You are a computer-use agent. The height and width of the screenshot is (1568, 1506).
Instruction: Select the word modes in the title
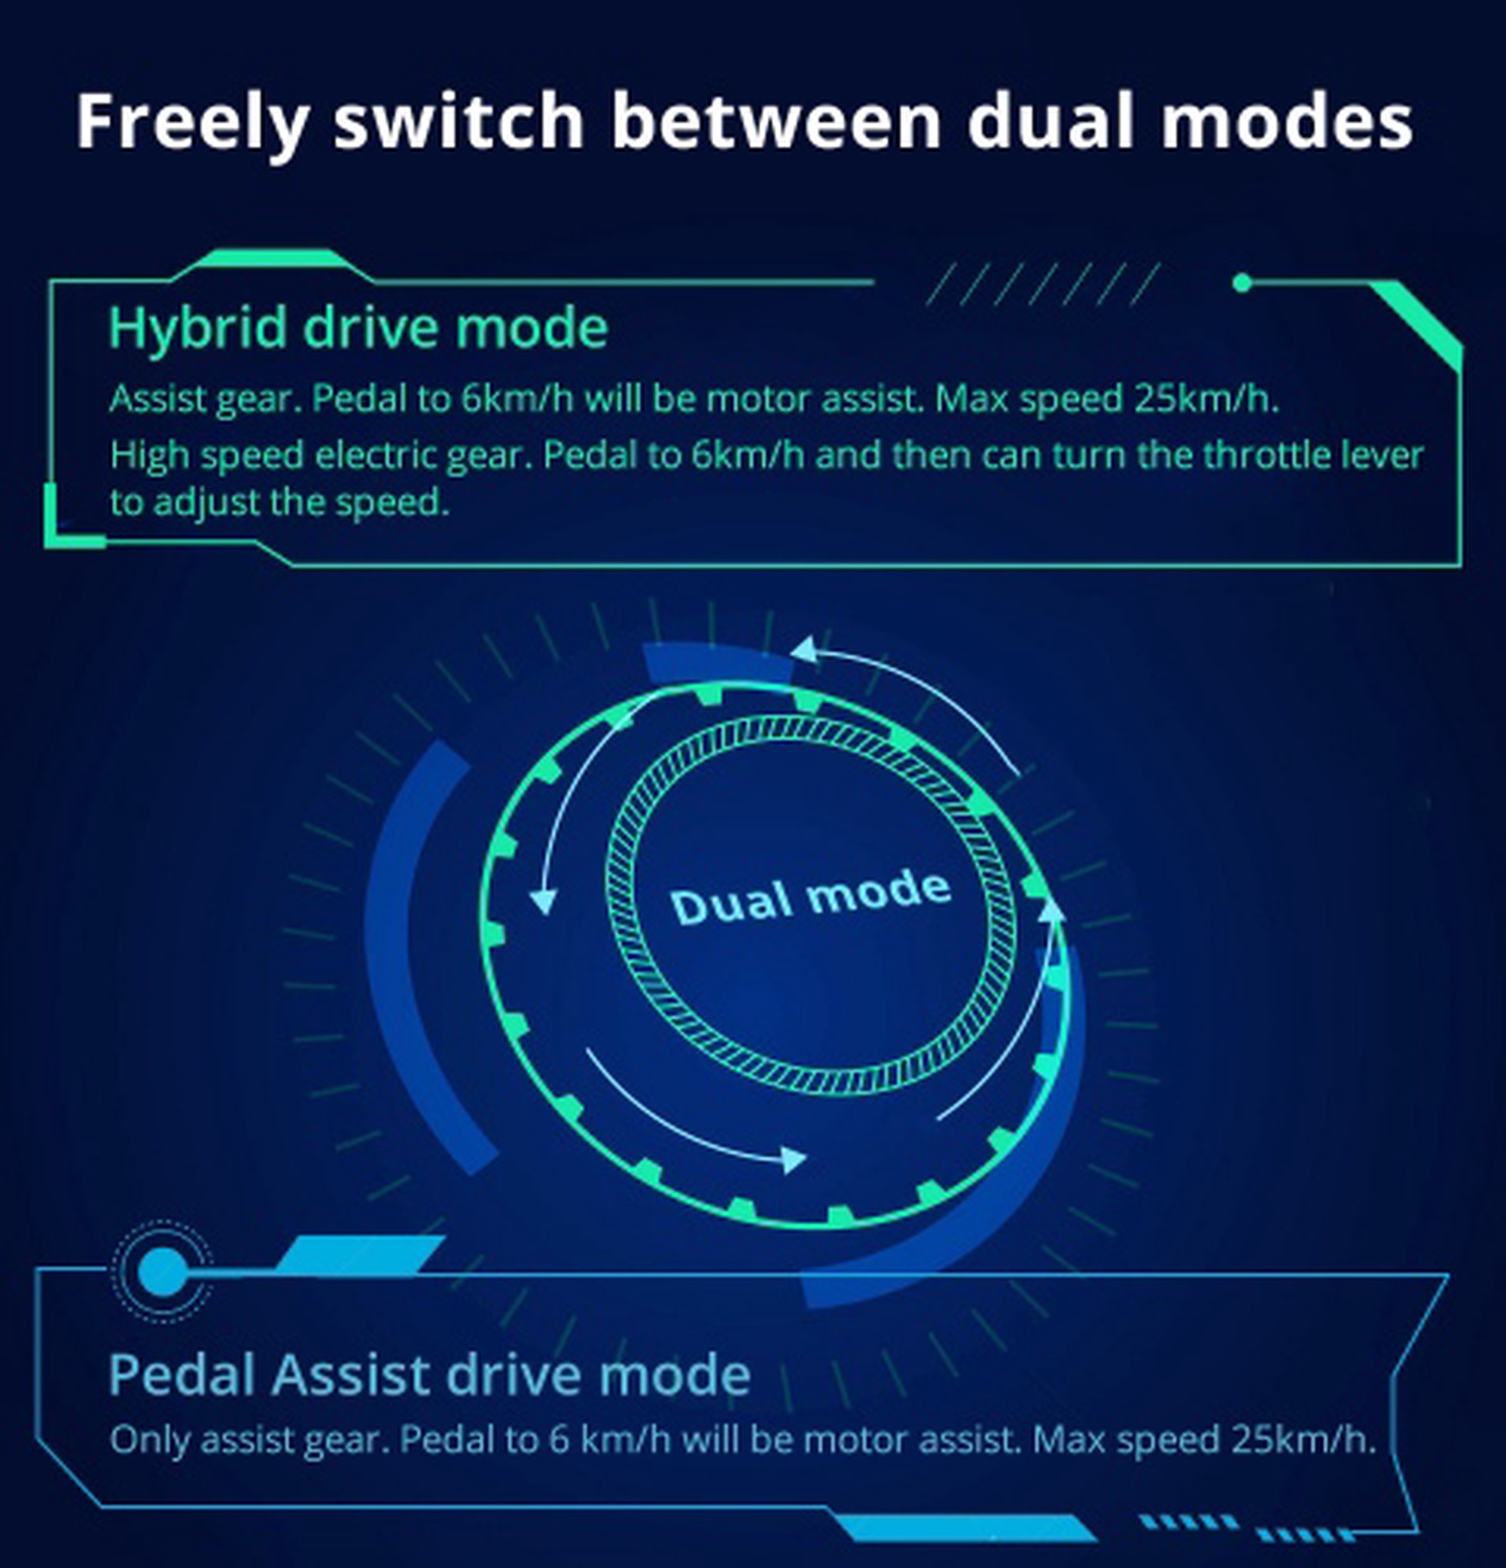coord(1287,122)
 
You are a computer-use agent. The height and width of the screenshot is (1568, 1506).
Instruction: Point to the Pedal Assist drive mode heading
coord(430,1375)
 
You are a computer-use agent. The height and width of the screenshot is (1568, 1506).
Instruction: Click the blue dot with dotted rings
coord(163,1271)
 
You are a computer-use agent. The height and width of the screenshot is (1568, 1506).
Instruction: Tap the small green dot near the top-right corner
coord(1242,282)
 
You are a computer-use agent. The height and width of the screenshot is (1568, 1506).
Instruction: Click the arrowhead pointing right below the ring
coord(793,1159)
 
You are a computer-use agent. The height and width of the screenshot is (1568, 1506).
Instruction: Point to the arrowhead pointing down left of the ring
coord(544,901)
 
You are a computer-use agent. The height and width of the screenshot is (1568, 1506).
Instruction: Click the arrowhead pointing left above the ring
coord(804,649)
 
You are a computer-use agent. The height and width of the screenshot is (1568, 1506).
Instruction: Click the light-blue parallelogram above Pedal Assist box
coord(360,1254)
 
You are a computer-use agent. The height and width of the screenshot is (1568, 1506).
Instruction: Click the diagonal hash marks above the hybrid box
coord(1042,284)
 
